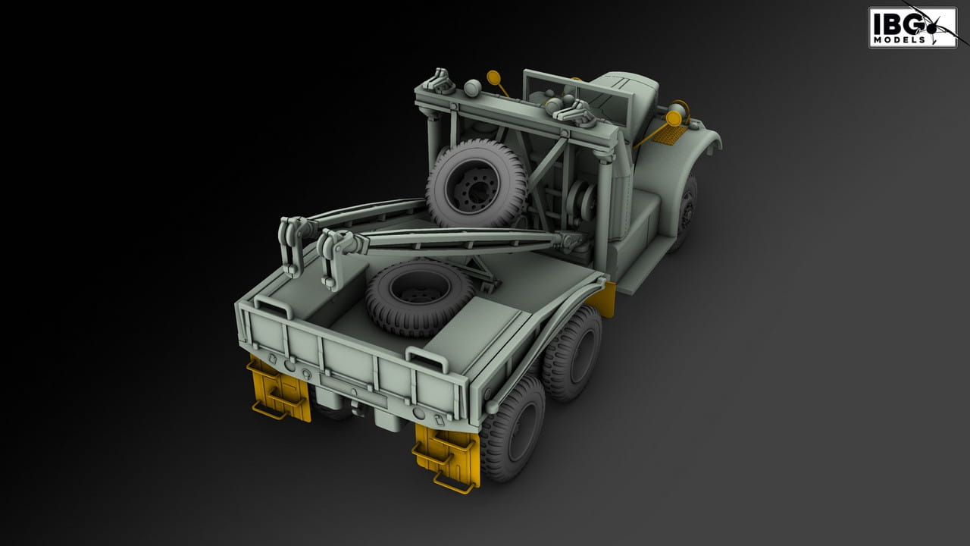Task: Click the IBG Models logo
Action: pyautogui.click(x=912, y=27)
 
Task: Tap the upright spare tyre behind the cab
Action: pyautogui.click(x=477, y=184)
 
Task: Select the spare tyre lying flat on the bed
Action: pyautogui.click(x=419, y=298)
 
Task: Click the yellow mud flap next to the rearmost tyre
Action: pyautogui.click(x=446, y=457)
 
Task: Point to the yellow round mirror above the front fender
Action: pyautogui.click(x=673, y=118)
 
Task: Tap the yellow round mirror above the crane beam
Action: pyautogui.click(x=493, y=77)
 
